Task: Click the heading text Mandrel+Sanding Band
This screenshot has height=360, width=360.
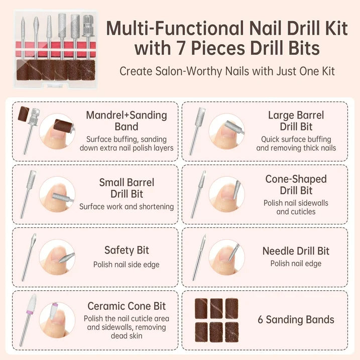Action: (x=126, y=121)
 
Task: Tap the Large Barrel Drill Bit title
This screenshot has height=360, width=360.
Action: (x=296, y=121)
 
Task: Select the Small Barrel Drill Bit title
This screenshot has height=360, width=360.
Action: (x=126, y=188)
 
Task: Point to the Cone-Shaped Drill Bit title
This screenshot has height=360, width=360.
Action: (x=296, y=185)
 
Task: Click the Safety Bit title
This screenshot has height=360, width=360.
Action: (x=127, y=250)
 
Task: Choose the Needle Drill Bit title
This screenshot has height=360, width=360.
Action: (x=296, y=251)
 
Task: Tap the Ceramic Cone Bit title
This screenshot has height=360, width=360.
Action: (x=127, y=306)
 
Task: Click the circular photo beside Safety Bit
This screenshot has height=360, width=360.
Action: (x=57, y=257)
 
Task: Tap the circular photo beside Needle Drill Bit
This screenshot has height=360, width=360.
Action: (x=226, y=257)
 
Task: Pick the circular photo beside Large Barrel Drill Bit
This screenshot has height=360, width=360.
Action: (x=226, y=131)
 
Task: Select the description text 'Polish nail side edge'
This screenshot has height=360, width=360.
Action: (x=127, y=264)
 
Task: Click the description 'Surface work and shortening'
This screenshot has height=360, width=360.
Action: (x=127, y=206)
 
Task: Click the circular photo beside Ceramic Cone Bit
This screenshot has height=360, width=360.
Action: (x=57, y=320)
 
